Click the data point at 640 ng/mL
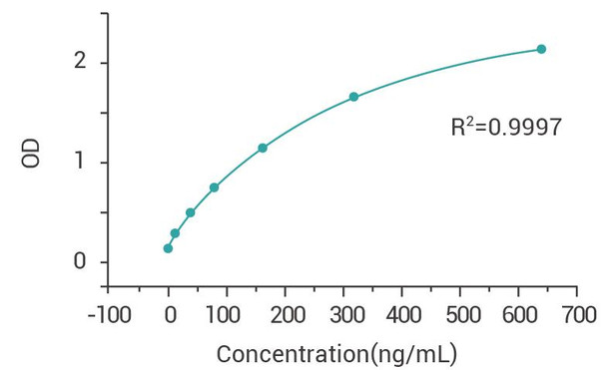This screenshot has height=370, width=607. click(541, 49)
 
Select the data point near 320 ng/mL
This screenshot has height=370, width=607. click(353, 97)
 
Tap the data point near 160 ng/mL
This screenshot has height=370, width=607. click(263, 148)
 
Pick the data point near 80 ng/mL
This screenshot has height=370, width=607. click(214, 187)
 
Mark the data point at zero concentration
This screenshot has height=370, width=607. click(168, 248)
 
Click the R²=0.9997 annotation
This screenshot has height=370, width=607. click(506, 127)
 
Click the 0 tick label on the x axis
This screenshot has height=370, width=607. click(169, 315)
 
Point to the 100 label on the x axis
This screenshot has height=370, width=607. click(227, 315)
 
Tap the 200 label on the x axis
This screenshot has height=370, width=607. click(285, 315)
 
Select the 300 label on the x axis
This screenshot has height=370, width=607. click(343, 315)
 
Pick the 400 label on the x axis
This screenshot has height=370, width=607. click(401, 315)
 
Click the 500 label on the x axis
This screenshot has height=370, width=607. click(459, 315)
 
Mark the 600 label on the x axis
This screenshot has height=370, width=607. click(518, 315)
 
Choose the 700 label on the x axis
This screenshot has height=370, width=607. click(576, 315)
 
